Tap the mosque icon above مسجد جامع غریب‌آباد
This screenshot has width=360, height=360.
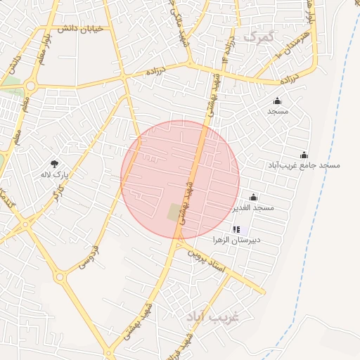coord(304,155)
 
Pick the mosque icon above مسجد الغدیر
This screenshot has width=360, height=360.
coord(253,198)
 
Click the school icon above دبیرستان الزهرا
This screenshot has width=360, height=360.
coord(236,229)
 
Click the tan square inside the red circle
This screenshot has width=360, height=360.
coord(174,212)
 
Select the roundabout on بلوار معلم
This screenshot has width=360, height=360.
coord(30,86)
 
